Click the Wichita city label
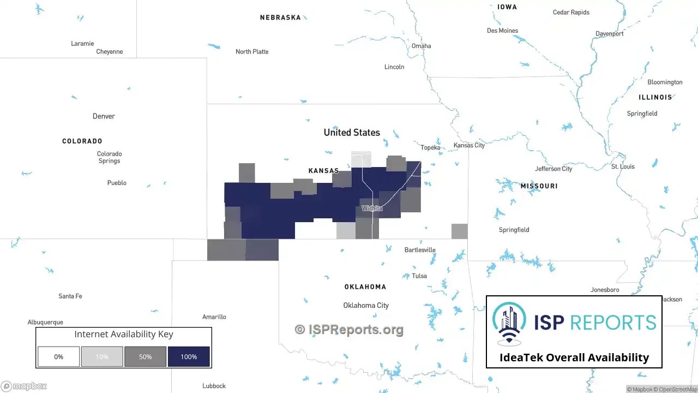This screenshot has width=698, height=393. coord(372,209)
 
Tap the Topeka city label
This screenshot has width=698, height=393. coord(430,147)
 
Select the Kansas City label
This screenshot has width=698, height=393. coord(469,145)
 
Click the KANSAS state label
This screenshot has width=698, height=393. coord(323,171)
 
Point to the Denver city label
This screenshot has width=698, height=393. coord(104,116)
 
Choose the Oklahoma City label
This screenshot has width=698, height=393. coord(366,305)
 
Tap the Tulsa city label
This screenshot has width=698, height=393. coord(419,276)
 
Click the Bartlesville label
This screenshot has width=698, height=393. coord(420,250)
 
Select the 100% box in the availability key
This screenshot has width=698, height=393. coord(189,356)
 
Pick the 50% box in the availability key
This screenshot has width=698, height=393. coord(145,356)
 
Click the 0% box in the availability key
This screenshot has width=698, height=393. coord(58,356)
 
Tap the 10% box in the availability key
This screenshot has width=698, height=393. coord(102,356)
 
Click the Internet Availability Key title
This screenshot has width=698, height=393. coord(124,334)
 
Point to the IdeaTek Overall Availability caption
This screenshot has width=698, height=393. coord(574,358)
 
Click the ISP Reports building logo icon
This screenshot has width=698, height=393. coord(509,324)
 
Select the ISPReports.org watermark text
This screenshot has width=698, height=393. coord(349,329)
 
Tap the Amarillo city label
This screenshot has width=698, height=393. coord(214,317)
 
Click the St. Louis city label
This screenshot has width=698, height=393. coord(623,166)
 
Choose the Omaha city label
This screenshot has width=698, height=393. coord(421,46)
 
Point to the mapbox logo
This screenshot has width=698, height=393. coord(24,386)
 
